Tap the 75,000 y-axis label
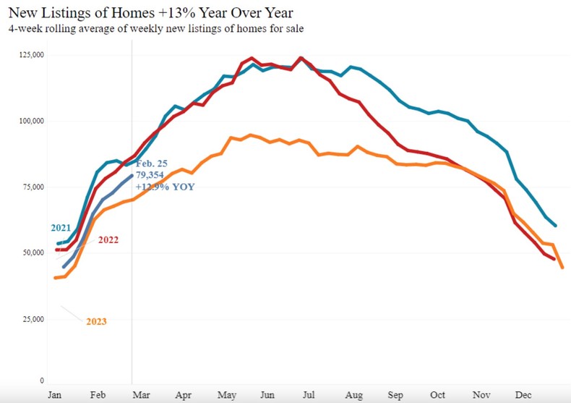pos(32,187)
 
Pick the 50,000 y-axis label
pos(32,253)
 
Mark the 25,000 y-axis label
pos(32,319)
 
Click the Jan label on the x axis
pos(54,396)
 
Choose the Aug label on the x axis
pos(354,396)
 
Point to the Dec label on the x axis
pos(523,396)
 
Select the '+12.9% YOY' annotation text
pos(165,187)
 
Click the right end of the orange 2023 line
pos(562,267)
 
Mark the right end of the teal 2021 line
pos(554,225)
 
